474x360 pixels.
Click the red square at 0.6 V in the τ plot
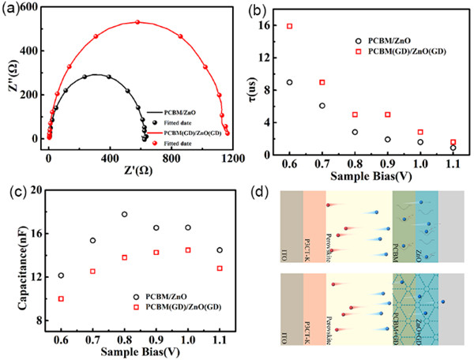click(290, 26)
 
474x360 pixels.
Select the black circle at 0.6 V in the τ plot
click(290, 82)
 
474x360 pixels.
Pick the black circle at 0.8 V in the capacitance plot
click(125, 214)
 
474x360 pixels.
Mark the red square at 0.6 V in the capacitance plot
click(61, 298)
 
